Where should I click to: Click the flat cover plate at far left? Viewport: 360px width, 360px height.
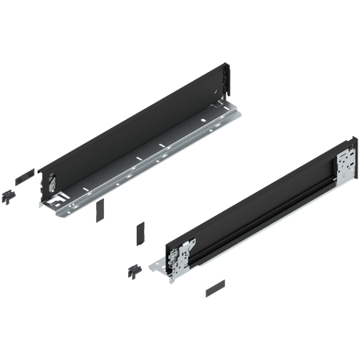pyautogui.click(x=25, y=174)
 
